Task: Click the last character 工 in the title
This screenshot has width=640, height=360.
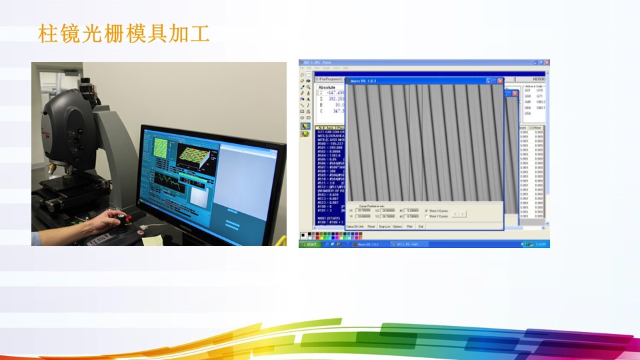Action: [199, 33]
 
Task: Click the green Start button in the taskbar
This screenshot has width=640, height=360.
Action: [309, 244]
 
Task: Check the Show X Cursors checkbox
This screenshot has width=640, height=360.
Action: [427, 211]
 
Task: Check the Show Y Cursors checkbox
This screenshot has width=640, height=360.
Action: [427, 216]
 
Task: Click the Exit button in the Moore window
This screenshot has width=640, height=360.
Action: [421, 227]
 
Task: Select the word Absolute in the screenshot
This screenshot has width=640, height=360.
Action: [328, 87]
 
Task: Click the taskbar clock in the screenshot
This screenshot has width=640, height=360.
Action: [541, 244]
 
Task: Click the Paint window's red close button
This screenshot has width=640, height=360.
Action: [547, 62]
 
